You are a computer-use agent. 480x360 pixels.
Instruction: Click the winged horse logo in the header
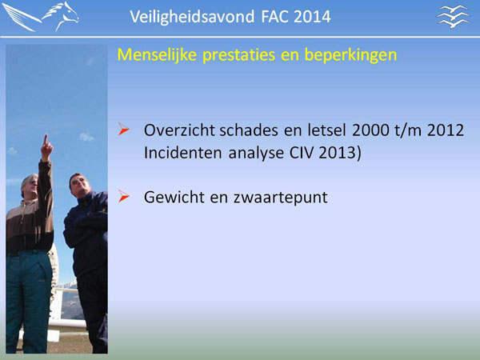[41, 17]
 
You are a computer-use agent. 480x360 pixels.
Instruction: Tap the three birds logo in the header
[453, 17]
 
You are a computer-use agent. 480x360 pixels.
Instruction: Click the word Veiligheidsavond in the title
[192, 17]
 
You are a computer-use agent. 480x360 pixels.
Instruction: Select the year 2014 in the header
[312, 17]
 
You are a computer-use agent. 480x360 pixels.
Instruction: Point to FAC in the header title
[275, 17]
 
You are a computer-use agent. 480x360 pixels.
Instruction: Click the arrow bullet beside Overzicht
[124, 129]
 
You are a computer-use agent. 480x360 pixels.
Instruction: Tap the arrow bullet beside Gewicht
[124, 196]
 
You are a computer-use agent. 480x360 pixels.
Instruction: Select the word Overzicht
[179, 130]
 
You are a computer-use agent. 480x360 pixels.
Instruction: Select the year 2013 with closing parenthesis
[340, 153]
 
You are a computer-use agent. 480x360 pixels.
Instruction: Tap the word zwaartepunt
[281, 198]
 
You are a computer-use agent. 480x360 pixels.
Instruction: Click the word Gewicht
[174, 197]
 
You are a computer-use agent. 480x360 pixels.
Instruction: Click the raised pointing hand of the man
[46, 147]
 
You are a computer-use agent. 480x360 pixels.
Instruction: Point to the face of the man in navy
[78, 184]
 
